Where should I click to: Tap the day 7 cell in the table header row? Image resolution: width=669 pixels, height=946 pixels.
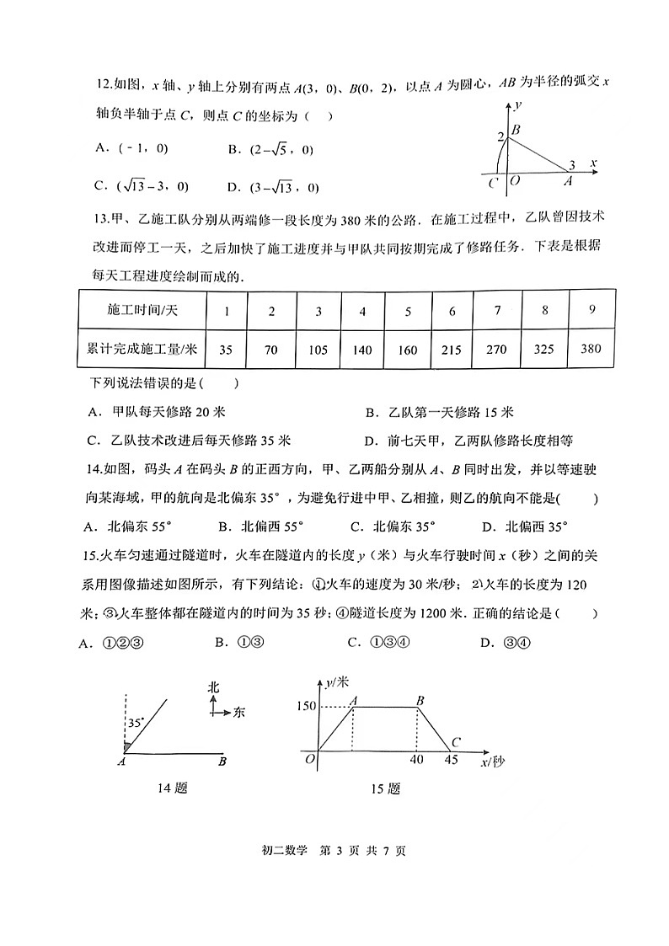coord(498,310)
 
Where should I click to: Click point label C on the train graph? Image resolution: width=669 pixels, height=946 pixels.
coord(455,740)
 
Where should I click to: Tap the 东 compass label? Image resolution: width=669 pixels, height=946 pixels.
coord(238,713)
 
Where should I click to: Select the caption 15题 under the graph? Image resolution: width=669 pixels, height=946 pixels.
coord(384,789)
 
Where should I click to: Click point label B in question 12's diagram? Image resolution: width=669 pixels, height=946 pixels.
coord(516,130)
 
